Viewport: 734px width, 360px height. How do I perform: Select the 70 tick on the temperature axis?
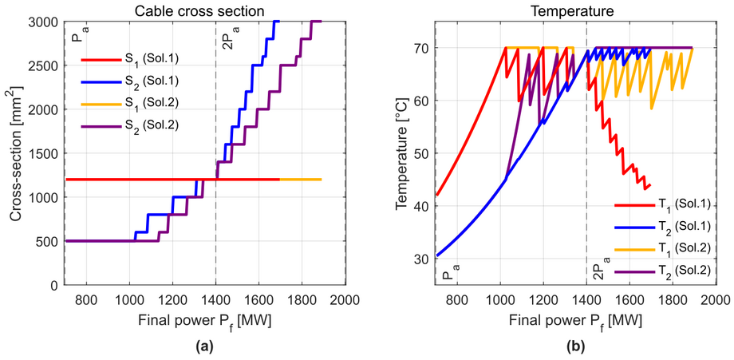pos(422,48)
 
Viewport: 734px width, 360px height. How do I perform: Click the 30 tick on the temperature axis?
pos(422,259)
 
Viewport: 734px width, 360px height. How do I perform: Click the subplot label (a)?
pos(204,348)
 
